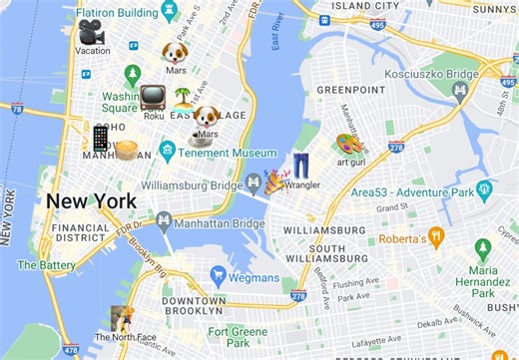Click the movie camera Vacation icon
pos(92,32)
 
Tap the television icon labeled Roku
pos(153,98)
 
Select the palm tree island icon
pos(184,98)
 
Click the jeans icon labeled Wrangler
pos(301,166)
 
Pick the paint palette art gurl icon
pos(349,145)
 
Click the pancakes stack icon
pos(126,151)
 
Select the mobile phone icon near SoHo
pos(101,138)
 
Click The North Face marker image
pos(122,319)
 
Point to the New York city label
pos(91,201)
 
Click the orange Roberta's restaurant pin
pos(435,236)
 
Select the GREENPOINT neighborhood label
pos(350,90)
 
